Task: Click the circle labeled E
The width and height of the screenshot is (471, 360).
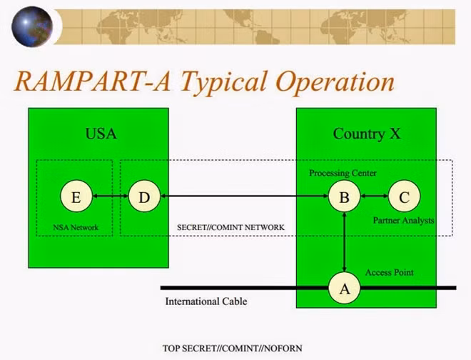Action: [76, 196]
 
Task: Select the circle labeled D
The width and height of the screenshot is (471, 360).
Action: [144, 196]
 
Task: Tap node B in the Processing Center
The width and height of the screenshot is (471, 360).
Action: [344, 196]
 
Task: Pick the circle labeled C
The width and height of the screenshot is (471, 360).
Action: [405, 196]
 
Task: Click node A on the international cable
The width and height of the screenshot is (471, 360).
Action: [344, 288]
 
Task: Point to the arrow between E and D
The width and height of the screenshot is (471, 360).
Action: [111, 196]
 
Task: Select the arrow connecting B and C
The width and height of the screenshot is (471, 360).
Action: [374, 196]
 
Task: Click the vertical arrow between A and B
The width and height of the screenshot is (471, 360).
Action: [344, 242]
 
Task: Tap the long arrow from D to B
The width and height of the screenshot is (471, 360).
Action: [245, 196]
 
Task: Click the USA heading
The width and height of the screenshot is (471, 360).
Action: [101, 134]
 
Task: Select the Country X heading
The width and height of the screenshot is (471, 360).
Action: [367, 134]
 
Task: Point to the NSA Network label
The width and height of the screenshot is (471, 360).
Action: [76, 227]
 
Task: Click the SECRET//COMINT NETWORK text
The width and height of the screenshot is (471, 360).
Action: [231, 227]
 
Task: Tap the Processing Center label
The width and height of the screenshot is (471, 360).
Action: [343, 174]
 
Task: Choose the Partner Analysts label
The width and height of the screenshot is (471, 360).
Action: [403, 221]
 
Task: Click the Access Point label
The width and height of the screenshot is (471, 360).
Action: [390, 272]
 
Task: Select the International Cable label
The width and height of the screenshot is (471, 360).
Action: [206, 301]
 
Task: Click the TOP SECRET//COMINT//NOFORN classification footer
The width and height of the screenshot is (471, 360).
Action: [232, 349]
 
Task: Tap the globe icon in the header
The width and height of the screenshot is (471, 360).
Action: [32, 26]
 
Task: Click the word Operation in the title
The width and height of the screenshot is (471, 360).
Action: [335, 82]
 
